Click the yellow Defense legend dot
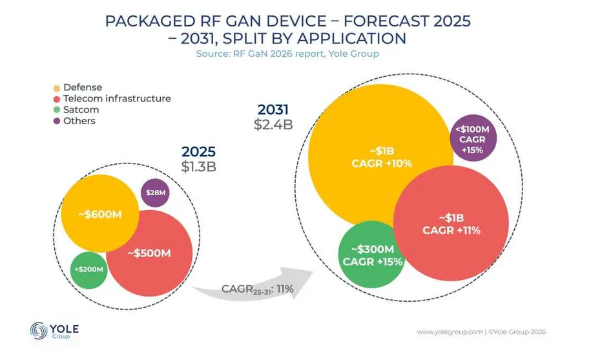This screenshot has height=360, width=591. [x=56, y=88]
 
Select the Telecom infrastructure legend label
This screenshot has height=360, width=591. [x=116, y=99]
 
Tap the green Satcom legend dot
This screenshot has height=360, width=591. [x=56, y=110]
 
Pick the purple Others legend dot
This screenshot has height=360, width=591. [x=56, y=121]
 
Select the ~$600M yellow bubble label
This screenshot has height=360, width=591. [x=99, y=214]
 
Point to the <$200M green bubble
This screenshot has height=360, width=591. [x=89, y=268]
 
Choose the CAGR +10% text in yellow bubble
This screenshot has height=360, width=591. [x=382, y=163]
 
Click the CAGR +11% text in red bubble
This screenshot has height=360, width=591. [x=451, y=230]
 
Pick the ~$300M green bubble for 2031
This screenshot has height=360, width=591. [x=372, y=255]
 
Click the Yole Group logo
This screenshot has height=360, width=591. [x=54, y=331]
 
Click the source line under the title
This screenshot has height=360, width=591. [x=287, y=54]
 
